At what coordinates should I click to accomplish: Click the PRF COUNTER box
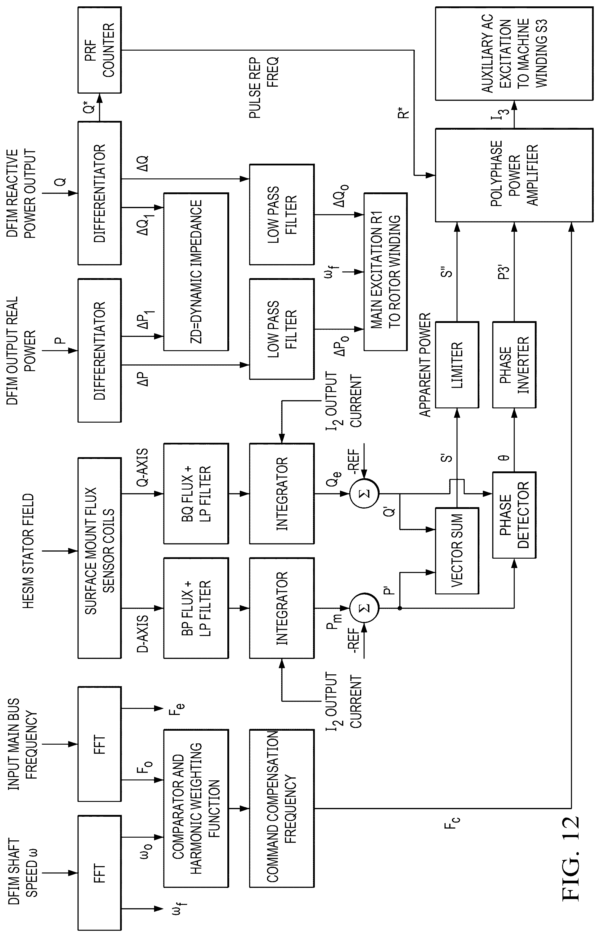pyautogui.click(x=100, y=50)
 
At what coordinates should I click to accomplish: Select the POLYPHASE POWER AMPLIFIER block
pyautogui.click(x=514, y=175)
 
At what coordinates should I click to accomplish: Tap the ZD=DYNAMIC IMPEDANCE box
pyautogui.click(x=196, y=272)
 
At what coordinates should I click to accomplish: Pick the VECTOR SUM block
pyautogui.click(x=457, y=551)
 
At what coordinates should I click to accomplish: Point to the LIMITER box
pyautogui.click(x=457, y=365)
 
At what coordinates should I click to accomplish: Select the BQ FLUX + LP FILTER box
pyautogui.click(x=196, y=493)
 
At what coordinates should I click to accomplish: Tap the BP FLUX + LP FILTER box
pyautogui.click(x=196, y=608)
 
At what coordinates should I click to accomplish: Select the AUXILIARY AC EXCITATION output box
pyautogui.click(x=514, y=53)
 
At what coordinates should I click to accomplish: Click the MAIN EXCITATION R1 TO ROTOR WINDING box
pyautogui.click(x=385, y=272)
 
